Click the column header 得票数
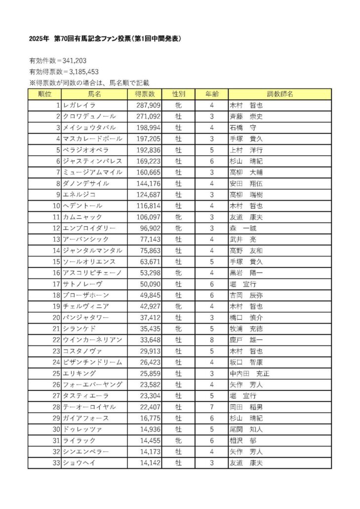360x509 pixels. tap(145, 94)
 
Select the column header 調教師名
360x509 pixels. tap(280, 94)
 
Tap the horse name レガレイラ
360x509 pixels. tap(79, 105)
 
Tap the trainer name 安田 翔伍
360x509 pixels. tap(246, 183)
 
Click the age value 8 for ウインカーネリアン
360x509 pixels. tap(211, 340)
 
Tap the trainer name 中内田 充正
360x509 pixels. tap(250, 374)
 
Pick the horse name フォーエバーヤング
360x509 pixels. tap(92, 384)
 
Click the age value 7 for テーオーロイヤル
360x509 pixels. tap(211, 407)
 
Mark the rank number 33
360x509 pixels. tap(55, 463)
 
